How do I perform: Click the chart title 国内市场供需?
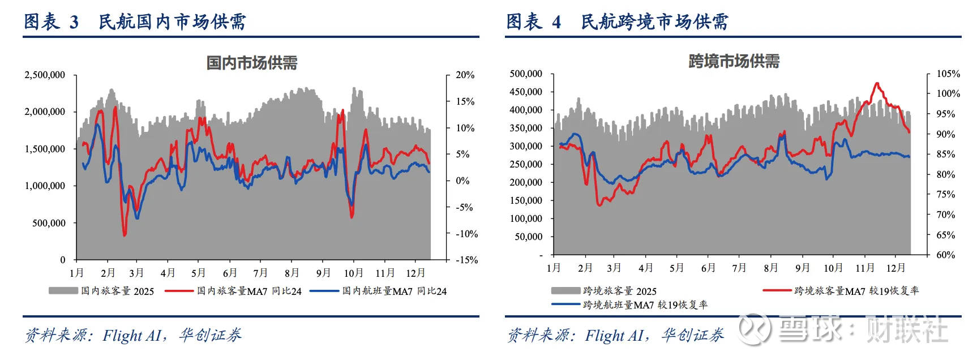pos(252,62)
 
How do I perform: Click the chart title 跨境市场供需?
pos(734,61)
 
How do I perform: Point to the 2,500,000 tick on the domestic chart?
pos(45,75)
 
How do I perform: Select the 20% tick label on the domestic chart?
pos(465,75)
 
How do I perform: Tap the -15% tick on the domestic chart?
pos(466,260)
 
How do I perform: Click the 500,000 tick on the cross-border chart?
pos(526,74)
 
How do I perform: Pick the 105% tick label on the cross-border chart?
pos(948,74)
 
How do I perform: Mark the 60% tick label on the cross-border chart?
pos(946,255)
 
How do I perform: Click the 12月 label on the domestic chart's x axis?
pos(415,273)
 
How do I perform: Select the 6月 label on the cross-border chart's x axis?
pos(708,268)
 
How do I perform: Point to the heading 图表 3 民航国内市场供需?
pos(135,22)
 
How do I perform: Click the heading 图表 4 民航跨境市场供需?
pos(617,22)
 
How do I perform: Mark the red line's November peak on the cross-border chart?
pos(877,84)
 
